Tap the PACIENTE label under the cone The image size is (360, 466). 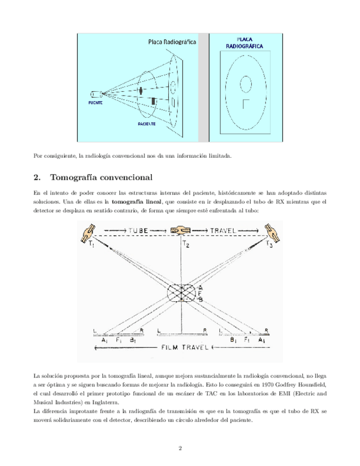[x=147, y=124]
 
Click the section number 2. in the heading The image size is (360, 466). [x=37, y=178]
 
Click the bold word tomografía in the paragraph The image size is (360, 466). [x=125, y=202]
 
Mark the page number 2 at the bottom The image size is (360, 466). [x=180, y=448]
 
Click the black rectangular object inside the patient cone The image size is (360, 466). [x=153, y=101]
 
